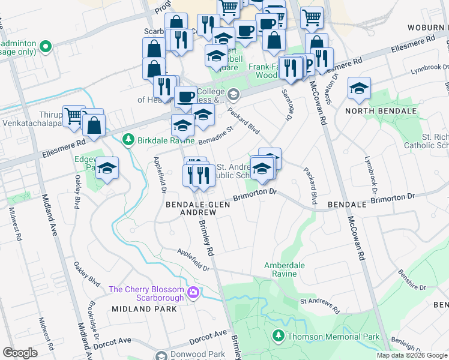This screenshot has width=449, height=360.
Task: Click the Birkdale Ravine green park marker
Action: [128, 140]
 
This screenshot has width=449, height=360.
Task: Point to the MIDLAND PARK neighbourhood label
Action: [144, 309]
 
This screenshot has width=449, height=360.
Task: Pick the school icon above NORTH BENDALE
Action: [359, 90]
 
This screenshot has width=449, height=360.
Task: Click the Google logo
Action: [20, 353]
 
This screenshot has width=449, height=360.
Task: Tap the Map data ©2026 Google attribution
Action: [412, 355]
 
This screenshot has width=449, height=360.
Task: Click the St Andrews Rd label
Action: [319, 306]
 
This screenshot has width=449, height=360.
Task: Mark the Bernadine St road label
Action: [215, 135]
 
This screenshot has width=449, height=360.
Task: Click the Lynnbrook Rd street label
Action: [430, 68]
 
